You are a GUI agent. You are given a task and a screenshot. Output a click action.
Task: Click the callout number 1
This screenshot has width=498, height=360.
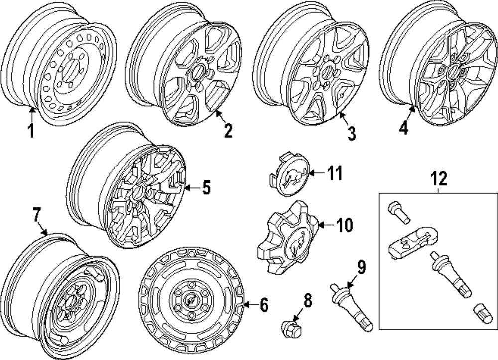[30, 132]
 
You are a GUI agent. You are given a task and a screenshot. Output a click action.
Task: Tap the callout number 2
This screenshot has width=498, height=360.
[228, 131]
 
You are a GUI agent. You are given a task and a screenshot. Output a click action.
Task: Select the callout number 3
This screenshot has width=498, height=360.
[352, 133]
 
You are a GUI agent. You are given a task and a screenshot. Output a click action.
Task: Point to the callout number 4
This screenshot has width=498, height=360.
[403, 128]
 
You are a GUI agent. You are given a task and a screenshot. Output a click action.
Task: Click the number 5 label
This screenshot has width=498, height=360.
[206, 188]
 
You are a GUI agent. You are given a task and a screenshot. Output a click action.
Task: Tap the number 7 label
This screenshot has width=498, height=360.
[36, 215]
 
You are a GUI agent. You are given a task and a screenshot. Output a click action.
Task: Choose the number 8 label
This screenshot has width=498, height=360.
[308, 300]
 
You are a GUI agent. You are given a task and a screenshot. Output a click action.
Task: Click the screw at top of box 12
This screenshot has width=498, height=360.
[398, 213]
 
